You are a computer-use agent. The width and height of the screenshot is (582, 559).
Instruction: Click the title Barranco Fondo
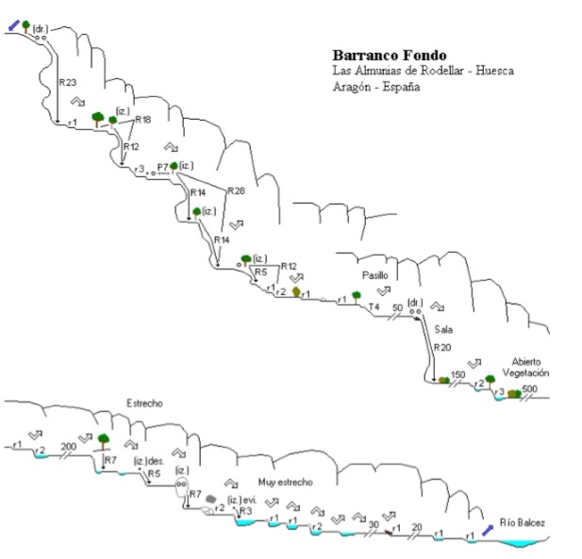[389, 56]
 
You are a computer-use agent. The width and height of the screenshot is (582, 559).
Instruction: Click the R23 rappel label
[67, 82]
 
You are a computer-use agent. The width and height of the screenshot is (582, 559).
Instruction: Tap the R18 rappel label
[143, 120]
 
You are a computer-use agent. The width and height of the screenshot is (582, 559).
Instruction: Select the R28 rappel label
[235, 190]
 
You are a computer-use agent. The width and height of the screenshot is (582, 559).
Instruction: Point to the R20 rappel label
[442, 348]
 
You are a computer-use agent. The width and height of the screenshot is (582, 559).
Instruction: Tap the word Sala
[444, 329]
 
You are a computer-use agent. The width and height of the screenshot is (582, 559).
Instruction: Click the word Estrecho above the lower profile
[144, 403]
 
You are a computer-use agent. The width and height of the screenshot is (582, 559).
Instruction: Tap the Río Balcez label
[523, 523]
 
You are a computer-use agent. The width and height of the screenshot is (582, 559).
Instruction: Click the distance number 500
[529, 388]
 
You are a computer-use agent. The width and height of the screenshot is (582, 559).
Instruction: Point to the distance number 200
[67, 446]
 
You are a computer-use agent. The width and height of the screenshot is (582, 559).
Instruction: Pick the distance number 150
[458, 375]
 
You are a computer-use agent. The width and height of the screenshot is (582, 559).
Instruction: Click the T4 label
[374, 307]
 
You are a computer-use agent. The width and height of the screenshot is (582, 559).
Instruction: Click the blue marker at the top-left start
[13, 26]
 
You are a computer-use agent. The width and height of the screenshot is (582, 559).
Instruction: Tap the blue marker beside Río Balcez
[487, 531]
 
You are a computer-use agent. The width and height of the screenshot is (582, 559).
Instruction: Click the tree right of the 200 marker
[103, 439]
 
